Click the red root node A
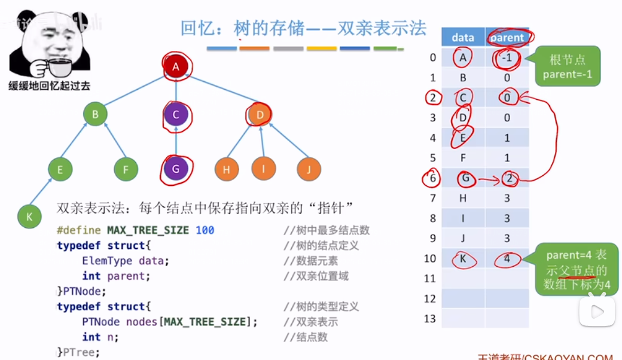pyautogui.click(x=176, y=67)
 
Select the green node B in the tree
pyautogui.click(x=95, y=114)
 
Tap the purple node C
pyautogui.click(x=176, y=114)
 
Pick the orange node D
pyautogui.click(x=259, y=114)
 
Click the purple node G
pyautogui.click(x=176, y=169)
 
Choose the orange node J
pyautogui.click(x=309, y=169)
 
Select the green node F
pyautogui.click(x=126, y=169)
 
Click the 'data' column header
pyautogui.click(x=462, y=38)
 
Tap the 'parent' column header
pyautogui.click(x=507, y=38)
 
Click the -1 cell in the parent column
pyautogui.click(x=507, y=58)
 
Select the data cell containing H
pyautogui.click(x=462, y=199)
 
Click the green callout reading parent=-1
pyautogui.click(x=567, y=66)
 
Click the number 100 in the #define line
pyautogui.click(x=205, y=230)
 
